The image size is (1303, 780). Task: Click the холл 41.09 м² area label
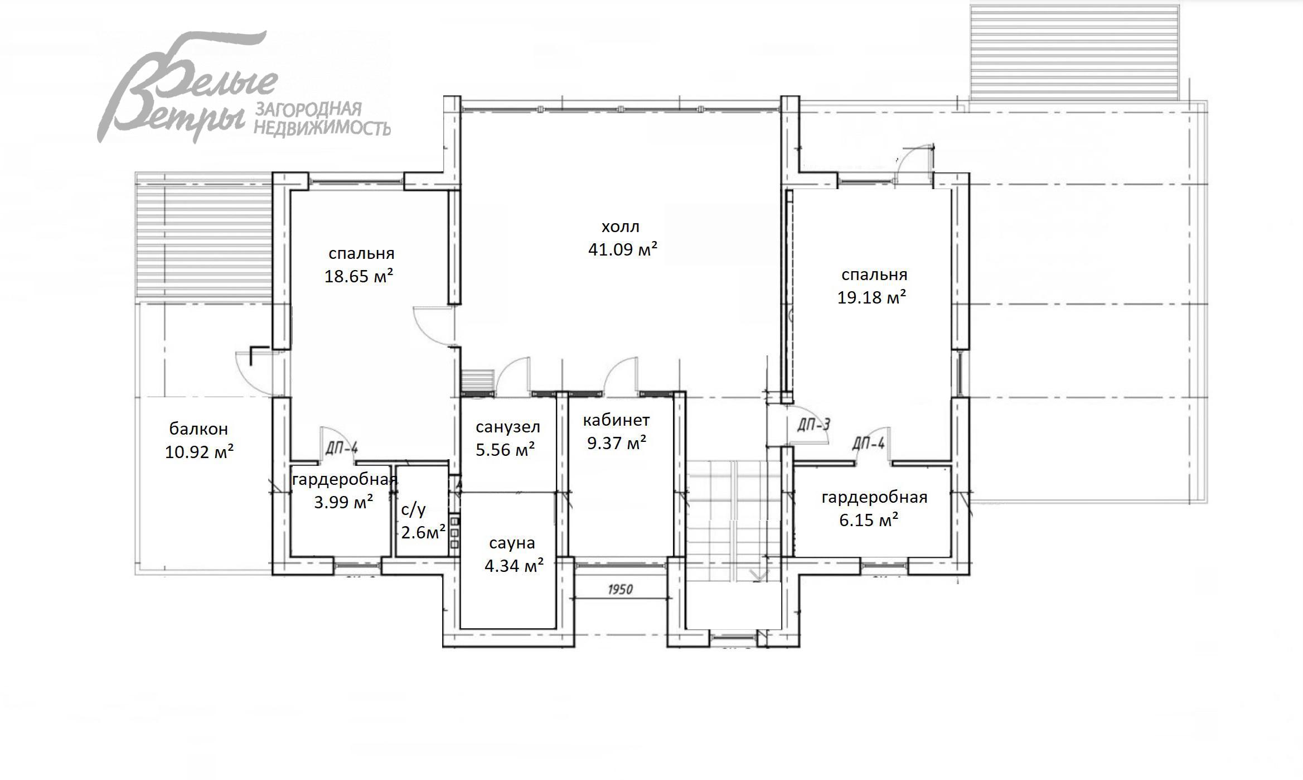[x=622, y=238]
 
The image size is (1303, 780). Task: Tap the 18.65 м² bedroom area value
[x=359, y=276]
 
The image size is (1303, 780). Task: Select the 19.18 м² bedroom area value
[x=871, y=297]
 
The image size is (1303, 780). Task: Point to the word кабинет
[x=616, y=420]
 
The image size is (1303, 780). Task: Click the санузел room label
[x=507, y=427]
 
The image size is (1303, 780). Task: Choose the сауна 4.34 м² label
[x=513, y=555]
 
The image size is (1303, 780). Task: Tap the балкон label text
[x=198, y=428]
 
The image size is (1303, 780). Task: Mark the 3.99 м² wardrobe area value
[x=343, y=502]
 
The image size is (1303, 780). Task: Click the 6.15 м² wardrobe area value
[x=868, y=520]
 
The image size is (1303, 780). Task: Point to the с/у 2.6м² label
[x=423, y=521]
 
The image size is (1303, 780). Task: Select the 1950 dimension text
[x=619, y=590]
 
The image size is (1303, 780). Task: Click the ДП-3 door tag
[x=813, y=425]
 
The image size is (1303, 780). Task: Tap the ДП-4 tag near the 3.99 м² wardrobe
[x=341, y=448]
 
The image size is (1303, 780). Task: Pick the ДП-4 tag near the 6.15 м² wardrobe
[x=868, y=444]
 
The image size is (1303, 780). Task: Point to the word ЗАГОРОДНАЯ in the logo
[x=308, y=109]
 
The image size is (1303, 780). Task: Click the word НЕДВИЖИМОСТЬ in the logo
[x=322, y=128]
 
